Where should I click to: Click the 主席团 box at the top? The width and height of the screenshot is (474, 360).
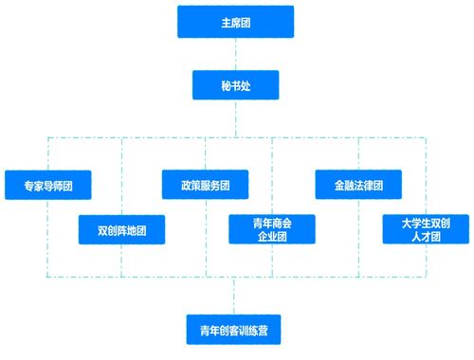click(235, 22)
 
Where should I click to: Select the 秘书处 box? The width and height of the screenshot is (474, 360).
click(235, 86)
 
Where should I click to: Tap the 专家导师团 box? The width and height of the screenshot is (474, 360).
click(48, 184)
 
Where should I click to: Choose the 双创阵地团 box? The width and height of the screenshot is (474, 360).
click(121, 229)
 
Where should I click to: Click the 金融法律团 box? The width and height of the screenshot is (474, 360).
click(358, 184)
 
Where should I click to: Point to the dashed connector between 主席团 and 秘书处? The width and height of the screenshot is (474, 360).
click(235, 54)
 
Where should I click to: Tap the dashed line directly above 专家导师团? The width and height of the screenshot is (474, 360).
click(48, 153)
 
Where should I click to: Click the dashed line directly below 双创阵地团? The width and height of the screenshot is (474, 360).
click(121, 260)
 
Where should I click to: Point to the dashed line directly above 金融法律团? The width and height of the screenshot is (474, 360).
click(358, 153)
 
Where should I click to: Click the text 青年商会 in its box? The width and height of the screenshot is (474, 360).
click(272, 223)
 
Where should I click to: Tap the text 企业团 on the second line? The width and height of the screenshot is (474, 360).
click(272, 236)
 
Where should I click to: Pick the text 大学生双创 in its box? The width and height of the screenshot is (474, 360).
click(426, 223)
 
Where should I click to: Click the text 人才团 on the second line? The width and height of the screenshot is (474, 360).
click(426, 236)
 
